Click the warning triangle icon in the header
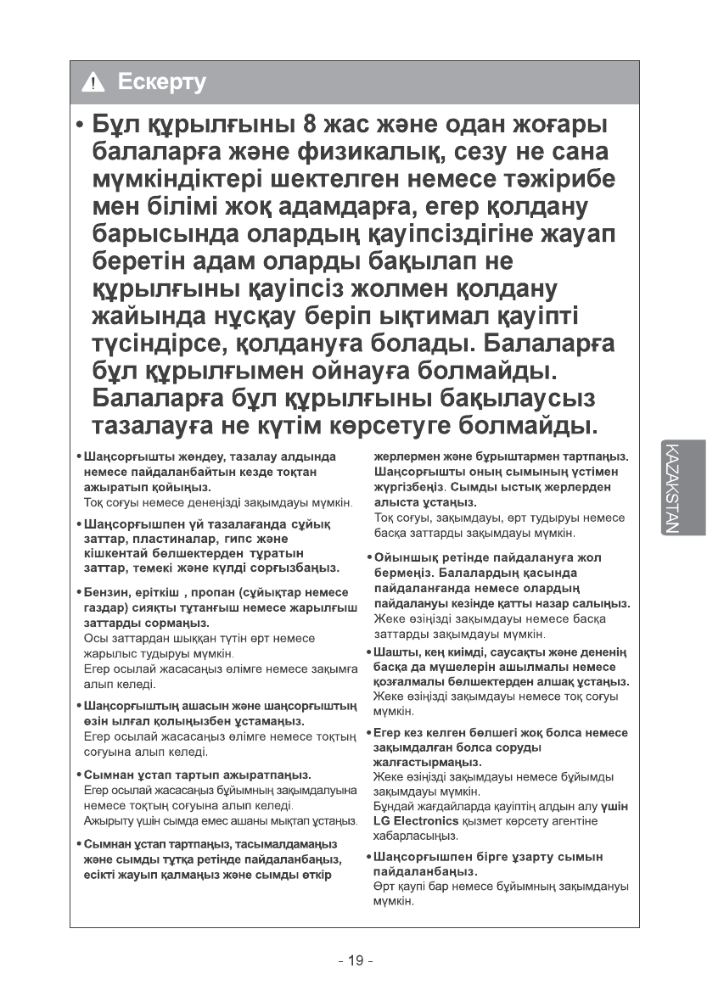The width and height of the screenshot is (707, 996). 93,83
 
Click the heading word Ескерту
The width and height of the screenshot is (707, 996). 162,82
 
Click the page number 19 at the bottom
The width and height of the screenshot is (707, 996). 354,960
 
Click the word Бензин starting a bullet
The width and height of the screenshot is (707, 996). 104,591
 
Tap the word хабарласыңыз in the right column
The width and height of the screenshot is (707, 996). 412,836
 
